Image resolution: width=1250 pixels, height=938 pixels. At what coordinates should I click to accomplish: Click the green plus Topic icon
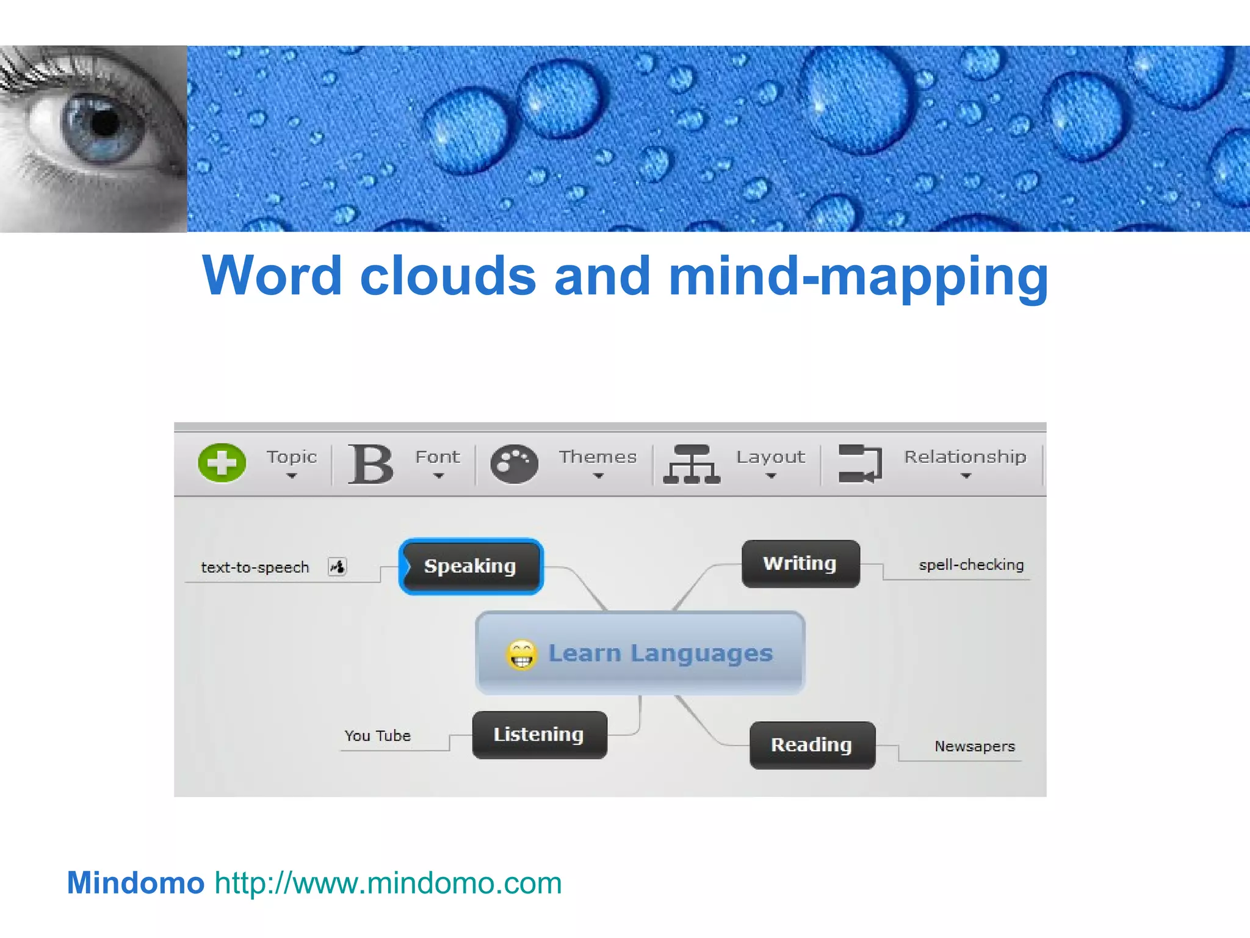coord(222,462)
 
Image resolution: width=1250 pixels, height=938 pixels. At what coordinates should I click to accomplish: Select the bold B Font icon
coord(370,464)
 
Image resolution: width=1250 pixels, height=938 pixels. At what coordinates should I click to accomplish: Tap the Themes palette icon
coord(514,464)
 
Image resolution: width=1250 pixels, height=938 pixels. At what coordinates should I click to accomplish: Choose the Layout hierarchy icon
coord(692,464)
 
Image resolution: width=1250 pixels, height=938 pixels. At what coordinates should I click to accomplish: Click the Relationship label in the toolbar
coord(965,457)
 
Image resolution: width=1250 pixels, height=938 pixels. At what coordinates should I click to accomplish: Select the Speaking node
coord(471,566)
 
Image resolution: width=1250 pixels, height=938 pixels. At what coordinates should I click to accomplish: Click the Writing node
coord(800,564)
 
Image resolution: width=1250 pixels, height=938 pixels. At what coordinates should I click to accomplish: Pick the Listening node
coord(539,735)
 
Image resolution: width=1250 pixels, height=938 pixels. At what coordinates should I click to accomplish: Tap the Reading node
coord(812,745)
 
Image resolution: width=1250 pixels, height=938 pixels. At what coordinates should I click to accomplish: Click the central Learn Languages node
coord(660,653)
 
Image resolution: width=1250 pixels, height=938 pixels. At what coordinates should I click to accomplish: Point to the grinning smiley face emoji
coord(521,655)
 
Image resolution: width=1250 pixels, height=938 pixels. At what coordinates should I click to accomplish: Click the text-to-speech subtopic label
coord(255,567)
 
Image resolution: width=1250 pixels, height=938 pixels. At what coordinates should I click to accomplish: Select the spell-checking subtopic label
coord(971,565)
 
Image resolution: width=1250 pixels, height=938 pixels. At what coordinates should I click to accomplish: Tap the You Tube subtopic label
coord(378,736)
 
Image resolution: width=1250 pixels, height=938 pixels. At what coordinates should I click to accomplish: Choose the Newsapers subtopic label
coord(975,746)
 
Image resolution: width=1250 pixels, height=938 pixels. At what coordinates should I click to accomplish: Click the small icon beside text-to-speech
coord(338,567)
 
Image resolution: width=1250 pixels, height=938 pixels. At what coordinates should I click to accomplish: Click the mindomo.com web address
coord(388,883)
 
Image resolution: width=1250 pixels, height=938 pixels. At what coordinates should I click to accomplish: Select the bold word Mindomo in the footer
coord(135,883)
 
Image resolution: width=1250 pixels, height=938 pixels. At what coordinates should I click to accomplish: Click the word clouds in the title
coord(448,276)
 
